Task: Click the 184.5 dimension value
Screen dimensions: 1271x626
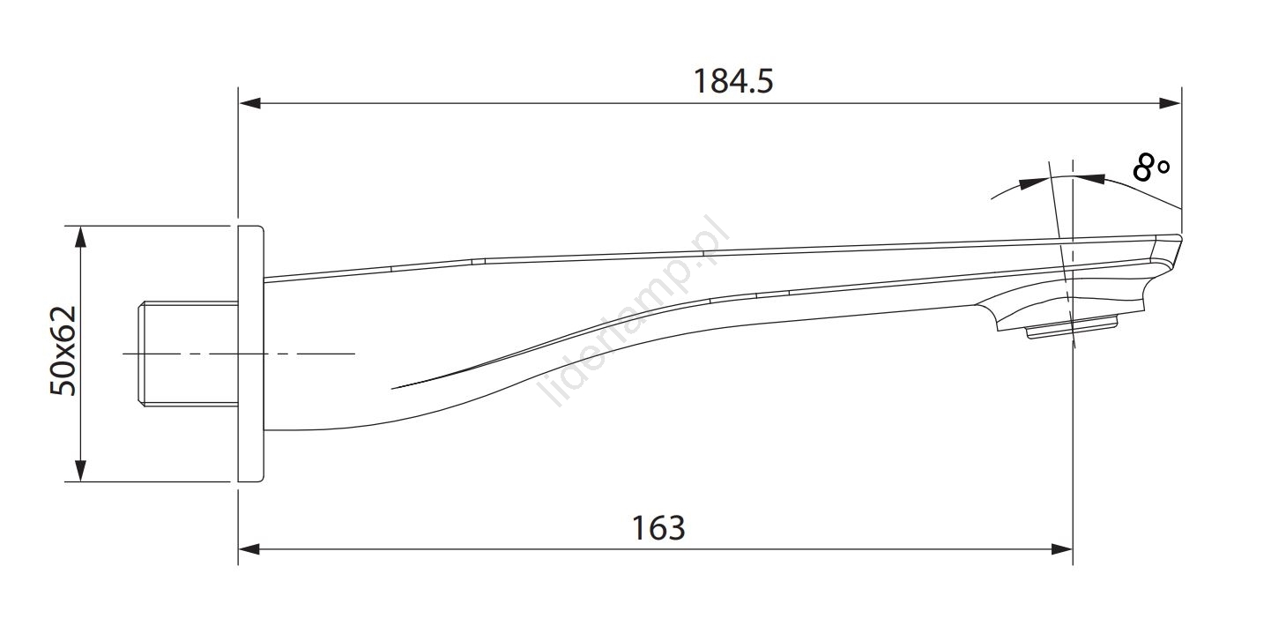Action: (733, 81)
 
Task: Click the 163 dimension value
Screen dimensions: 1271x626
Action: (658, 528)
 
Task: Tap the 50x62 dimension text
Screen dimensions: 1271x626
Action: (63, 351)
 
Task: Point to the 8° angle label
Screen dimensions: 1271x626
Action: (1151, 168)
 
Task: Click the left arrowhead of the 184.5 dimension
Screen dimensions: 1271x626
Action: (249, 103)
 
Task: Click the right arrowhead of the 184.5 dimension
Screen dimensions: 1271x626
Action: (1170, 103)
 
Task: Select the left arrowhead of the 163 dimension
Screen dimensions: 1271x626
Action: (249, 548)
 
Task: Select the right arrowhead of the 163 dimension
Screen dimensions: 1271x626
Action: (1061, 548)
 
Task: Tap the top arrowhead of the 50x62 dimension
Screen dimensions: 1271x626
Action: (81, 237)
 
